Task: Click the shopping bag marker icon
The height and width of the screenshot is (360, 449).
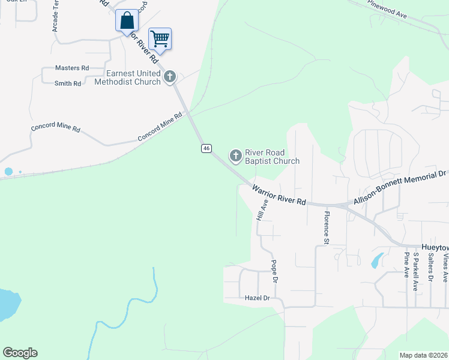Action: [x=127, y=20]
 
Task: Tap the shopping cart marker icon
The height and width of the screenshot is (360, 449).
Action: [x=160, y=39]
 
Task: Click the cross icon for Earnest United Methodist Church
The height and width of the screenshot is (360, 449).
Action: [x=170, y=76]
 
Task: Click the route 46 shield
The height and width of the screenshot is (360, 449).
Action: [x=206, y=148]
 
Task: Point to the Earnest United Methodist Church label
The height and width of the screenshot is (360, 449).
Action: [x=128, y=77]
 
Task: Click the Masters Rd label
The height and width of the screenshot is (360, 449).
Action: [x=71, y=68]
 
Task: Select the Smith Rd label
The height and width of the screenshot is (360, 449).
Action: [x=68, y=83]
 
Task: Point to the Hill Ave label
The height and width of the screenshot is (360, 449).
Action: [x=261, y=209]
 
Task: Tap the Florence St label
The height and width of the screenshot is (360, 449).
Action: [x=327, y=228]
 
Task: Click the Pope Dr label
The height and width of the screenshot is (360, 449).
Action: [x=274, y=271]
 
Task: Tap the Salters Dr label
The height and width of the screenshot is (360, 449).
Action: [x=430, y=266]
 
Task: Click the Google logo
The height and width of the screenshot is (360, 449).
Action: [x=20, y=353]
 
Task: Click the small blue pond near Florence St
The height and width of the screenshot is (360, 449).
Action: [x=377, y=260]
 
